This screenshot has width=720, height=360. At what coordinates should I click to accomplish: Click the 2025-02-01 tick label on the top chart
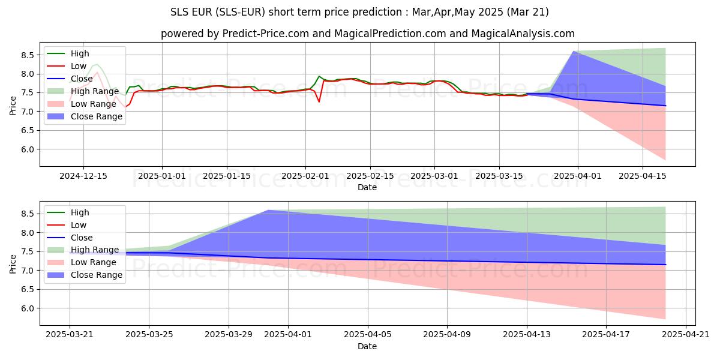[x=305, y=176]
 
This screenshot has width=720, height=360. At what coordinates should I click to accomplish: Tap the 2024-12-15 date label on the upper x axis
[x=83, y=176]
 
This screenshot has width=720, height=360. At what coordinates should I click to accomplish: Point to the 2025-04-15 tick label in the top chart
[x=643, y=176]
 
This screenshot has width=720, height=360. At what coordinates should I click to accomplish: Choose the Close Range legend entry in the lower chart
[x=97, y=275]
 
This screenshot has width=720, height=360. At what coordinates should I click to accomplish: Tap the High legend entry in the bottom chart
[x=80, y=212]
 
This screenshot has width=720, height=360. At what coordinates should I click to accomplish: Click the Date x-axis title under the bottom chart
[x=367, y=346]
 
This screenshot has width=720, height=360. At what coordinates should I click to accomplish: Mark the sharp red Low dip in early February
[x=319, y=101]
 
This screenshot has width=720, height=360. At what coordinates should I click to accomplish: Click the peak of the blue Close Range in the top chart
[x=574, y=52]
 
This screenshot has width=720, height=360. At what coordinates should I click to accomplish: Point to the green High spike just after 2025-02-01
[x=319, y=76]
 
